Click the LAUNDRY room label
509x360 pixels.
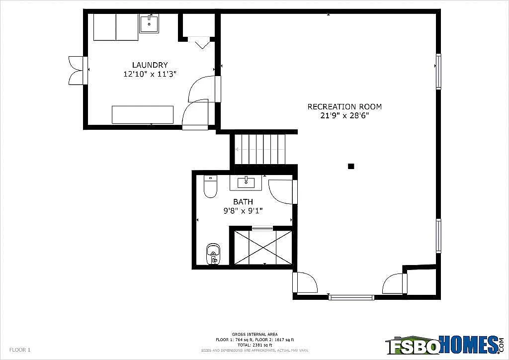click(x=150, y=65)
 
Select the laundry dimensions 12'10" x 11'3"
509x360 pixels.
click(x=150, y=74)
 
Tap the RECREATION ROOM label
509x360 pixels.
click(x=344, y=106)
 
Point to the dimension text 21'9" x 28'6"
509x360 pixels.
click(x=344, y=116)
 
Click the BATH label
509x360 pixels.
click(x=243, y=202)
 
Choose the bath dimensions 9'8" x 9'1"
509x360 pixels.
click(x=243, y=211)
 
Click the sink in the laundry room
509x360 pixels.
click(x=149, y=23)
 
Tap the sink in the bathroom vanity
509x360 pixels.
click(x=246, y=183)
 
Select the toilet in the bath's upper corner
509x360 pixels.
click(x=210, y=187)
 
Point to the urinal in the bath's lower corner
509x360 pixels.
click(x=213, y=254)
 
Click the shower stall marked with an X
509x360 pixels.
click(x=263, y=247)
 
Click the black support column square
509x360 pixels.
click(x=351, y=167)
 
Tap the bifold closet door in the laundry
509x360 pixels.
click(x=202, y=43)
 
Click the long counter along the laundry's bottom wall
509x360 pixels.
click(x=143, y=114)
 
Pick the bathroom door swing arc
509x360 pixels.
click(x=281, y=192)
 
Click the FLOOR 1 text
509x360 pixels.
click(x=20, y=350)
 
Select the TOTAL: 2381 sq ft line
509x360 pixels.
click(x=254, y=345)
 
